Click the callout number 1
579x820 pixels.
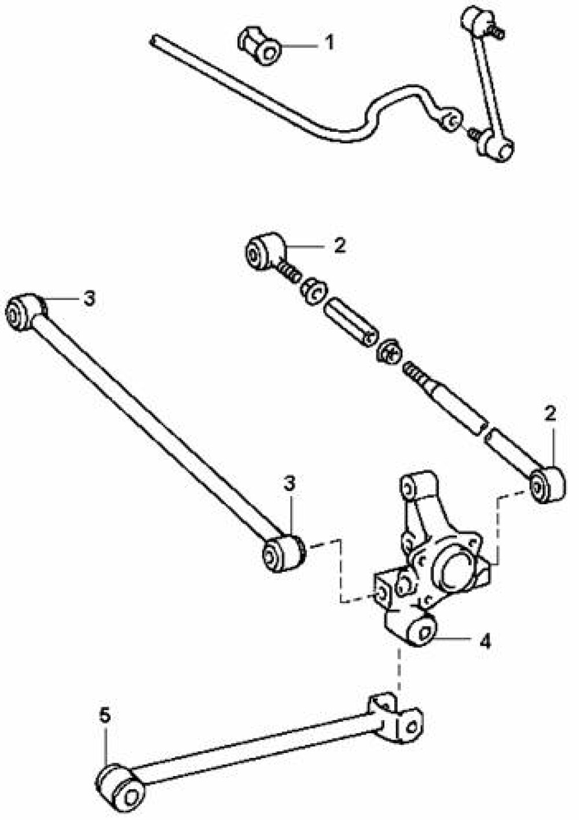click(330, 42)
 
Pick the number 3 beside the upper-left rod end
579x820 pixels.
click(89, 298)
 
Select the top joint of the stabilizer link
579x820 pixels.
click(475, 19)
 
